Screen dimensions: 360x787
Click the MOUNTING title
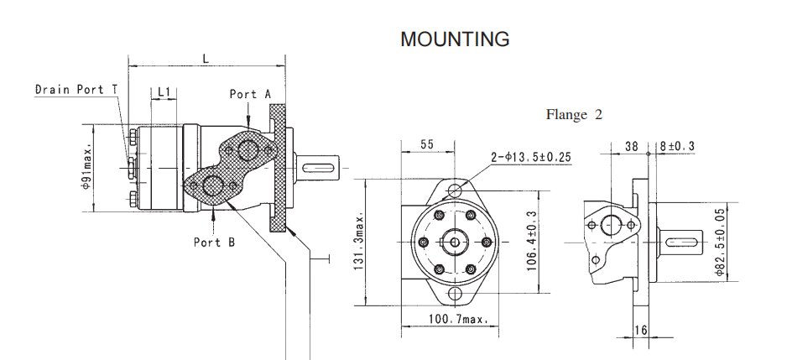click(x=455, y=39)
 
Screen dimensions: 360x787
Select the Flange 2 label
click(x=574, y=115)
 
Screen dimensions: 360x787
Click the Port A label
click(x=250, y=95)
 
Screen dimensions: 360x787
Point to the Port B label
click(x=214, y=243)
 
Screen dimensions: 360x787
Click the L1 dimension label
click(x=164, y=91)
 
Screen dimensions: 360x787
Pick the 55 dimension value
click(x=426, y=144)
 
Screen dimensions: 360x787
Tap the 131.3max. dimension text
click(x=358, y=241)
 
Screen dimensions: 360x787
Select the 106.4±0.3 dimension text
click(x=532, y=239)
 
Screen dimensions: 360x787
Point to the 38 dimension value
click(x=632, y=145)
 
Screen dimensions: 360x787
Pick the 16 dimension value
click(x=640, y=330)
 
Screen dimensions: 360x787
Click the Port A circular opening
click(x=248, y=151)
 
